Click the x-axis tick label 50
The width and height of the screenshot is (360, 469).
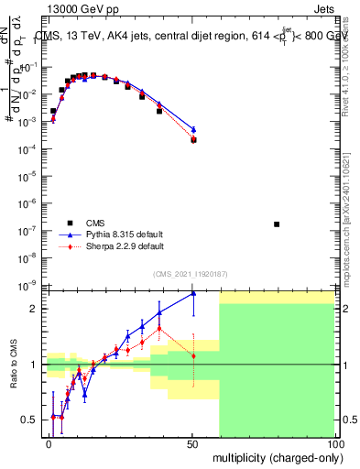click(x=191, y=443)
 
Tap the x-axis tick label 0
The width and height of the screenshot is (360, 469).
click(x=49, y=443)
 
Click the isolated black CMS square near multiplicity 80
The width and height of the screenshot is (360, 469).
click(x=277, y=224)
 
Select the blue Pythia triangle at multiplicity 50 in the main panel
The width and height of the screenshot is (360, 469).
click(x=193, y=129)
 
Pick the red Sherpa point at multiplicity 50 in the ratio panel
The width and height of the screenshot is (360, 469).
click(x=193, y=355)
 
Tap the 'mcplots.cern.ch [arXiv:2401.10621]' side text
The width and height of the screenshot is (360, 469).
click(x=352, y=211)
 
